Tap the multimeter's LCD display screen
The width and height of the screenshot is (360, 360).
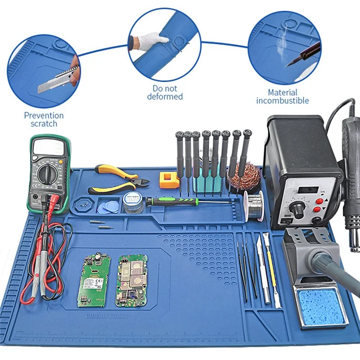48,147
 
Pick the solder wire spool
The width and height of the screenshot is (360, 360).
254,205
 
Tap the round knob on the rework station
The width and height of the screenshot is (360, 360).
297,208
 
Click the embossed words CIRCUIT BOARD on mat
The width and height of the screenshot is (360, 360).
107,316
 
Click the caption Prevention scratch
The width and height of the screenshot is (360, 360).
44,119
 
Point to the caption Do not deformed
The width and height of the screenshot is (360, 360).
165,92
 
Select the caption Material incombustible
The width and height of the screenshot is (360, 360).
283,96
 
